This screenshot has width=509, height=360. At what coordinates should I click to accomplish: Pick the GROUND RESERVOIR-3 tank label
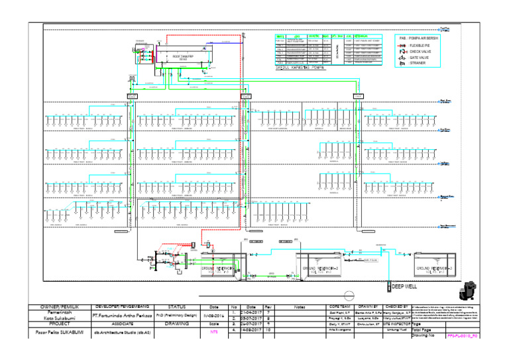click(x=434, y=269)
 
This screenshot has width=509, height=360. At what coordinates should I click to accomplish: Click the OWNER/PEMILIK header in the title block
click(x=61, y=307)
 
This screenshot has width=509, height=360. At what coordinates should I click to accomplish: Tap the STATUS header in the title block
click(x=176, y=307)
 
